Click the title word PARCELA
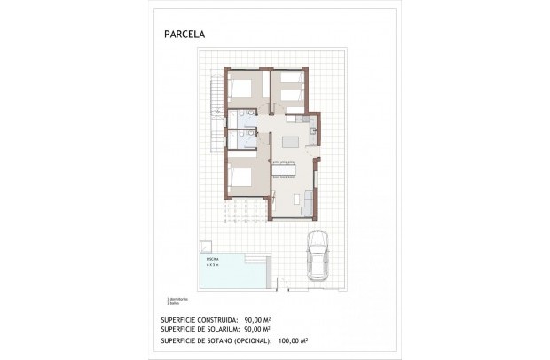click(183, 35)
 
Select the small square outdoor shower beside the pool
click(205, 246)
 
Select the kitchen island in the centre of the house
click(290, 142)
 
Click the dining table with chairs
click(290, 170)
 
